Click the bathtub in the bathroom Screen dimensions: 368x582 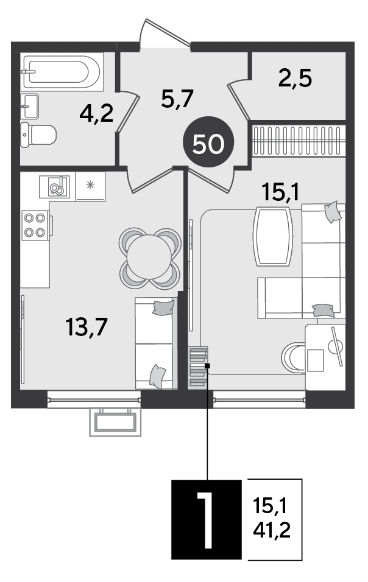(x=62, y=72)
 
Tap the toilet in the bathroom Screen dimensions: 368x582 (x=38, y=135)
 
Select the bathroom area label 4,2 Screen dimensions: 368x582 (x=96, y=114)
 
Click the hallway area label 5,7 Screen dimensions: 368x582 (x=177, y=99)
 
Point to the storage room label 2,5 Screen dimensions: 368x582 (x=295, y=79)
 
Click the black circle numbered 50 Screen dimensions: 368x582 (x=209, y=144)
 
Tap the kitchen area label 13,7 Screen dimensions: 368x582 (x=87, y=327)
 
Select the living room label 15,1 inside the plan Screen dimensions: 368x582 (x=280, y=192)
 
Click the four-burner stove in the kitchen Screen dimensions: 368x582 (x=35, y=225)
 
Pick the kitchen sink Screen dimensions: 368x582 (x=54, y=187)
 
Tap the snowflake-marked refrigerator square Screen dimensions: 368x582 (x=90, y=186)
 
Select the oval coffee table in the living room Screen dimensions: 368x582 (x=273, y=236)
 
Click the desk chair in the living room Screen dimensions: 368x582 (x=293, y=357)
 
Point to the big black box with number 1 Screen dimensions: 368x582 (x=207, y=519)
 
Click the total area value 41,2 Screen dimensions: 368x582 (x=272, y=530)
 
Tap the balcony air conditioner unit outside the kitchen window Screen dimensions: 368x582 (x=115, y=422)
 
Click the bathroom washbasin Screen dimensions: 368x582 (x=30, y=106)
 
